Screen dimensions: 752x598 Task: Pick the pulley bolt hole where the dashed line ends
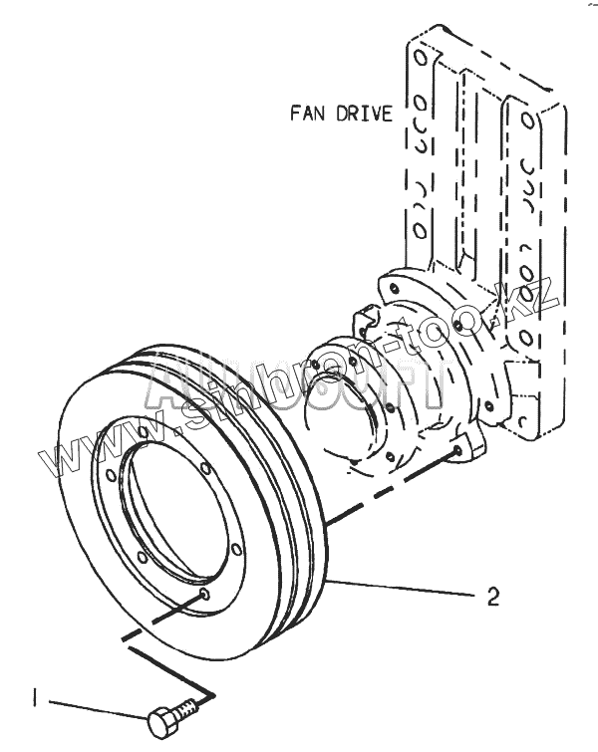(204, 596)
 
